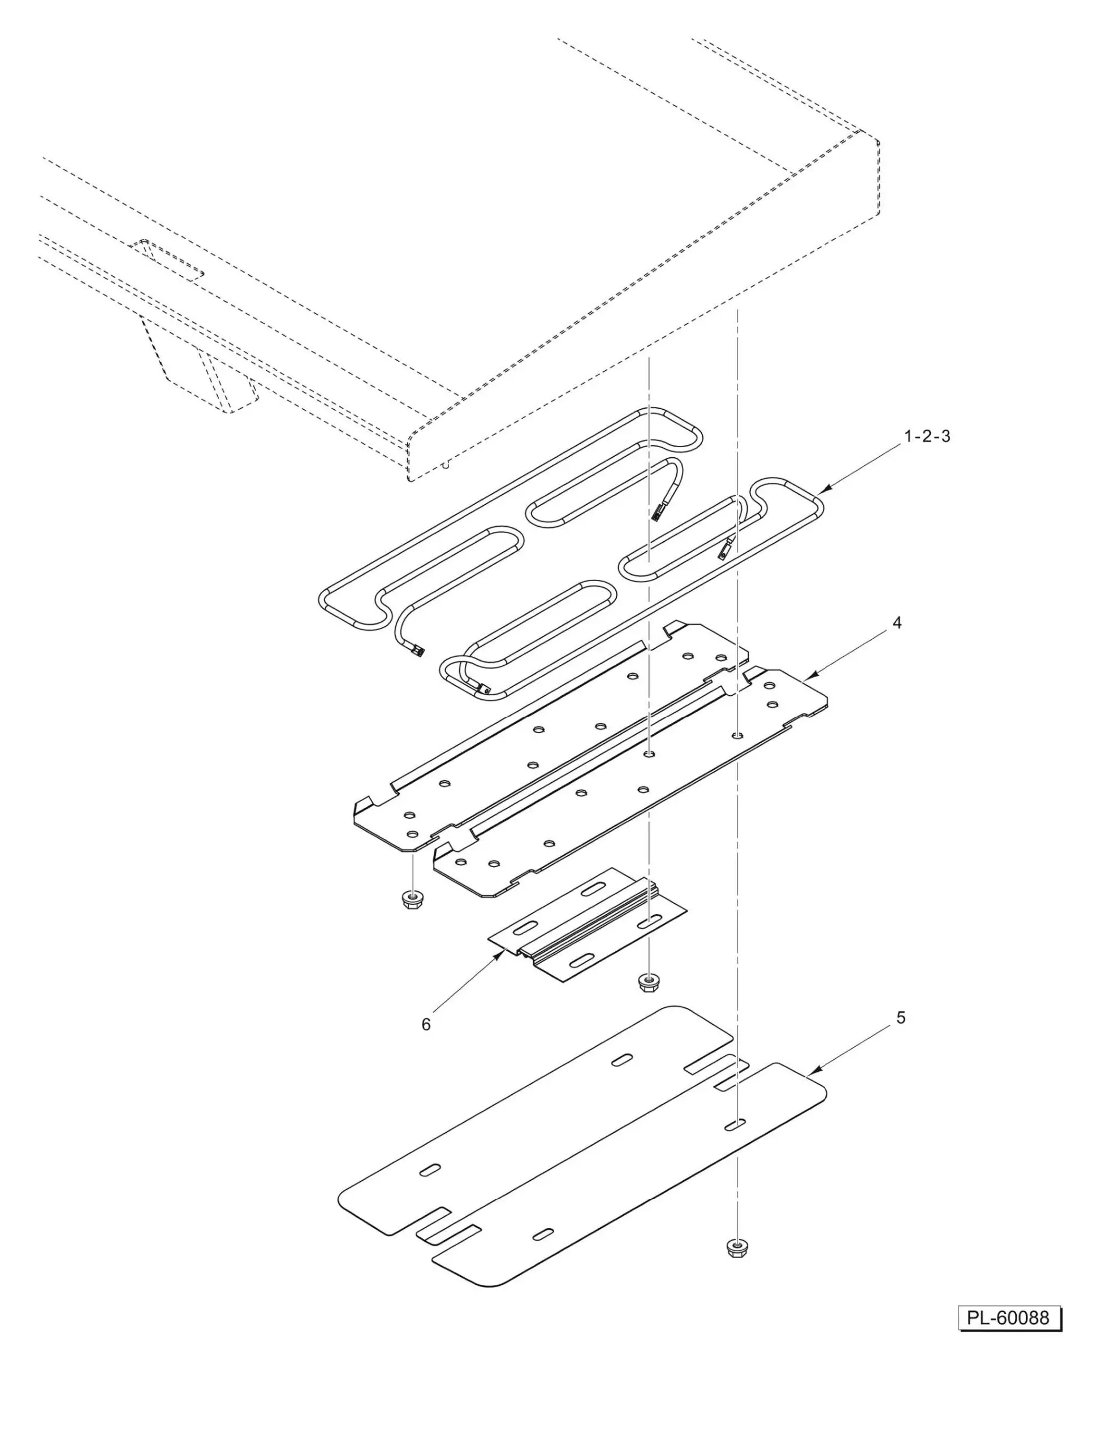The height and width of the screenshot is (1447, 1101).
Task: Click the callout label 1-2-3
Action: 927,436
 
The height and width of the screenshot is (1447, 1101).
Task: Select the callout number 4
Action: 897,623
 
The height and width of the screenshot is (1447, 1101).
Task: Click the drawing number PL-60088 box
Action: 1009,1318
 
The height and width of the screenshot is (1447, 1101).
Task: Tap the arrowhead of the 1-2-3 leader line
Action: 822,489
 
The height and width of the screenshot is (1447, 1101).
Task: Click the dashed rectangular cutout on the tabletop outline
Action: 167,260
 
